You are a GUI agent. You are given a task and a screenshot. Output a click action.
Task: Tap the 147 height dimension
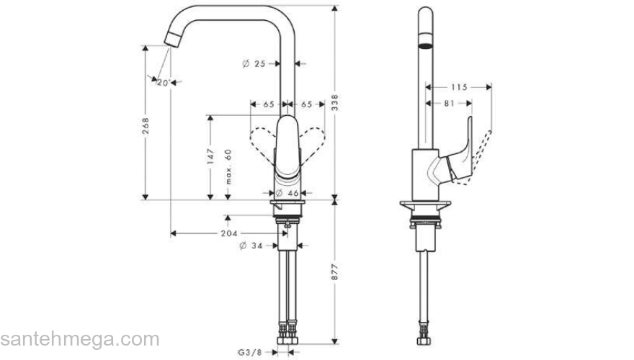click(211, 157)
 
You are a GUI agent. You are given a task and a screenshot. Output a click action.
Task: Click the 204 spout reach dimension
click(229, 233)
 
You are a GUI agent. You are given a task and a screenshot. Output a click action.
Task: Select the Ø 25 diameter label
click(255, 64)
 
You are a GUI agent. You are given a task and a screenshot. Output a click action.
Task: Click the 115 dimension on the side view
click(458, 87)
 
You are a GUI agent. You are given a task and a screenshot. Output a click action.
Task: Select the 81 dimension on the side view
click(448, 104)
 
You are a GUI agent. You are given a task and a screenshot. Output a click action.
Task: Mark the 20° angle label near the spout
click(164, 83)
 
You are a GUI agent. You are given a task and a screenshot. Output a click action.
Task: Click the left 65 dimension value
click(268, 104)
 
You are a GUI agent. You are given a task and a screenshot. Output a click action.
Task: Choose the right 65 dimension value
click(306, 104)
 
